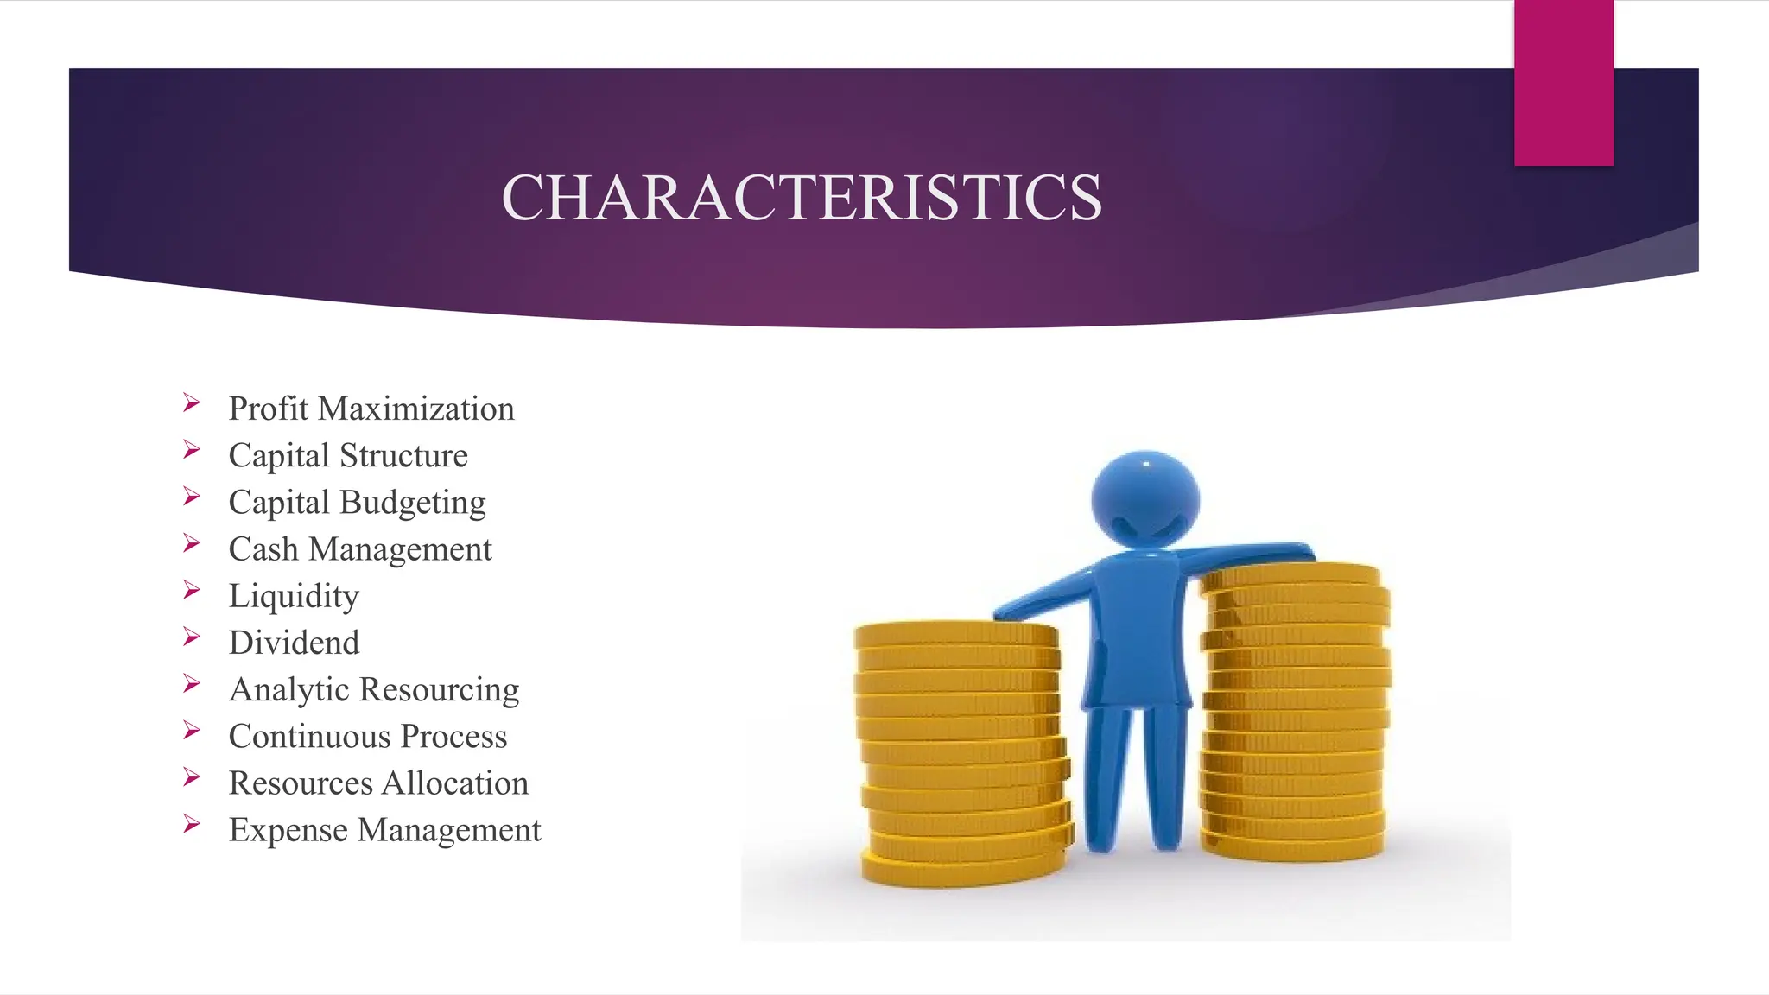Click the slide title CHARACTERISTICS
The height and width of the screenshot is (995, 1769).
(x=802, y=198)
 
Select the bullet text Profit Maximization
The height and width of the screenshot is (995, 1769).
(x=371, y=409)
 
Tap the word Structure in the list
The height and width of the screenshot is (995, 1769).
(x=403, y=455)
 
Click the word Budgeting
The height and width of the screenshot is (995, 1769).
(x=412, y=503)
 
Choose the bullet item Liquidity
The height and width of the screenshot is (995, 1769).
(x=294, y=596)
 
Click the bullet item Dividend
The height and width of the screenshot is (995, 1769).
(x=294, y=643)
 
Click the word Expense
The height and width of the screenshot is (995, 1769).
(x=288, y=829)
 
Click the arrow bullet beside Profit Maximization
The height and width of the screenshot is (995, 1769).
(x=192, y=403)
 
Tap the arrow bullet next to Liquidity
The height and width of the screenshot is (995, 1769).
(x=192, y=591)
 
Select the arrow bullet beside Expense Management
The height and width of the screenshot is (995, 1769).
(x=192, y=824)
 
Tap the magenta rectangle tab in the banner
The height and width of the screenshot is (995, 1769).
(x=1563, y=83)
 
